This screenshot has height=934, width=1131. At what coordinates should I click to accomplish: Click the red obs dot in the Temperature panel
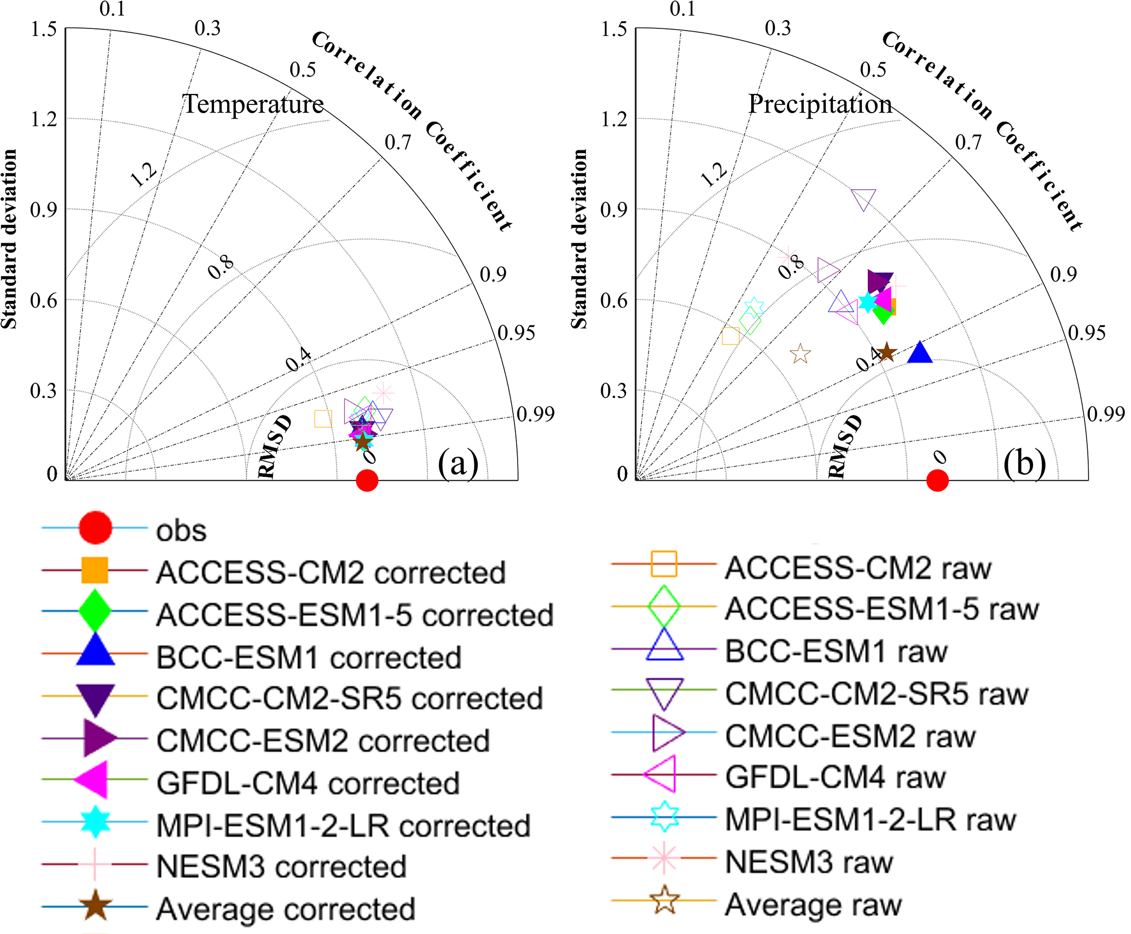click(367, 480)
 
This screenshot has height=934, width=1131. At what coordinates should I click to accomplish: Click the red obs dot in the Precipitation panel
click(937, 480)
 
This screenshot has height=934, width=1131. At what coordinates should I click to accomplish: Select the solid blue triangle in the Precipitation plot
click(920, 353)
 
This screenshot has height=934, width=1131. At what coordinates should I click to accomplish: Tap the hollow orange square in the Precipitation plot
click(730, 336)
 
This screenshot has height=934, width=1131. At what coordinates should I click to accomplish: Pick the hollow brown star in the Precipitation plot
click(801, 354)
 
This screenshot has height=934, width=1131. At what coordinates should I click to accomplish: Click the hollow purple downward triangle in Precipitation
click(863, 199)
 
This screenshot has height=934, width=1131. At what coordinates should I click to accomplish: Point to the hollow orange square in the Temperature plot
click(323, 419)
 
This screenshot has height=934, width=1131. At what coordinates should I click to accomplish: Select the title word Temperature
click(253, 104)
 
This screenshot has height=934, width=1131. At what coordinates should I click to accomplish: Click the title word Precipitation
click(820, 104)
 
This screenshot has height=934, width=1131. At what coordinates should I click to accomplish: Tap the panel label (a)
click(458, 464)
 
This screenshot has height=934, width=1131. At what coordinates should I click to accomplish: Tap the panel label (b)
click(1024, 464)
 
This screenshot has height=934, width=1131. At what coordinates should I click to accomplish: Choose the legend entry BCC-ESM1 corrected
click(309, 657)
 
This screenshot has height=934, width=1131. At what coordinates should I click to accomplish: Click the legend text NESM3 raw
click(809, 862)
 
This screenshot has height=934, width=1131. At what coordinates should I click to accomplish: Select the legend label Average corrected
click(286, 909)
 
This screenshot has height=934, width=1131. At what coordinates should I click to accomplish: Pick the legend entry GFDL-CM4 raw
click(835, 777)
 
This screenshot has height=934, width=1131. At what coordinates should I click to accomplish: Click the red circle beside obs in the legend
click(95, 528)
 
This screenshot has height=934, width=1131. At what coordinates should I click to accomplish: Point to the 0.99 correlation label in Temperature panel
click(536, 414)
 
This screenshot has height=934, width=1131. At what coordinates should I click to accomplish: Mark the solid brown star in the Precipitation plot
click(886, 353)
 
